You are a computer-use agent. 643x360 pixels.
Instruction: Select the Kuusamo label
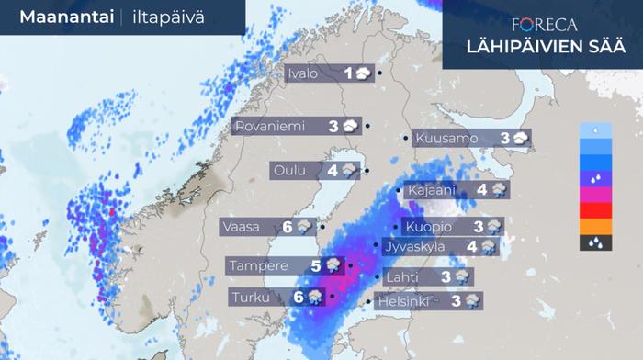point(446,139)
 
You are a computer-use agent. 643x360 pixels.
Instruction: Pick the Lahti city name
point(406,276)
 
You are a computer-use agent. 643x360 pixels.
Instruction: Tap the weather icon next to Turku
point(314,297)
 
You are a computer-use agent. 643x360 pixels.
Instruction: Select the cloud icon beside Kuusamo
point(521,139)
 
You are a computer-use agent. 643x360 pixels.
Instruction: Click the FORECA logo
point(546,26)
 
